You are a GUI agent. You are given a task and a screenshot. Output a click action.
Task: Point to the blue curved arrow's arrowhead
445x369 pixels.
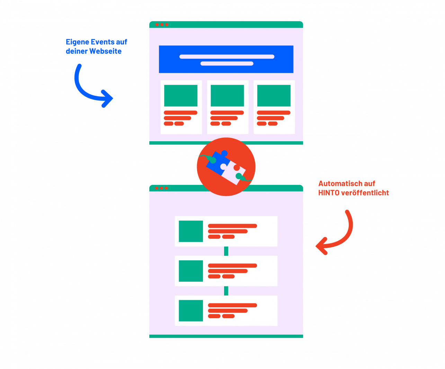(x=108, y=98)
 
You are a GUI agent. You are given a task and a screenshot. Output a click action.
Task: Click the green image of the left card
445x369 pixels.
(x=181, y=96)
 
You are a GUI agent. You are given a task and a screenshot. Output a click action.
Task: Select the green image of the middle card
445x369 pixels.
(x=227, y=96)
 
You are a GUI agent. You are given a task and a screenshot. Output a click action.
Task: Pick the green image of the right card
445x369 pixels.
(x=274, y=96)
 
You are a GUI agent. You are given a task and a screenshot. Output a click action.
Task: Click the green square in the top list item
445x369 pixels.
(x=191, y=231)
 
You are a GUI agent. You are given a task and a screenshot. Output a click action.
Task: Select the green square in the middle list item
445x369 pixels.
(x=191, y=271)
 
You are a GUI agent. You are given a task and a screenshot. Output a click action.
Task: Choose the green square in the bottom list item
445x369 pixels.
(x=191, y=310)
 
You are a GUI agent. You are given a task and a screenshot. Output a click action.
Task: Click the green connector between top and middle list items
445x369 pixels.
(x=226, y=251)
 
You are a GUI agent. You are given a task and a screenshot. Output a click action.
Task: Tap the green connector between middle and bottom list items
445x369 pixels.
(x=226, y=291)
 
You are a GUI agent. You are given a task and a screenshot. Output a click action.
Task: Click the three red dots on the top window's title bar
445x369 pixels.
(x=162, y=25)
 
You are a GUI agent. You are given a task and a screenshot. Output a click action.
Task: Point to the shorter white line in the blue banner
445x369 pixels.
(x=227, y=64)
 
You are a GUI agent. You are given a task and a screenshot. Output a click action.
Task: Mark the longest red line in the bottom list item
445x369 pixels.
(x=232, y=305)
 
